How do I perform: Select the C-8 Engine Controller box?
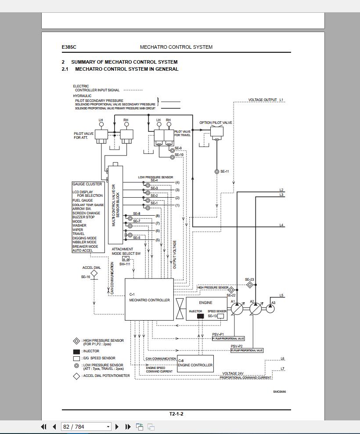(x=195, y=364)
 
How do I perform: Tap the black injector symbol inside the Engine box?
(x=200, y=316)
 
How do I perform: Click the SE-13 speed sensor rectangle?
(x=221, y=316)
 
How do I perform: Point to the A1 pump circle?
(x=237, y=308)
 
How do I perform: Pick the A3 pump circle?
(x=270, y=308)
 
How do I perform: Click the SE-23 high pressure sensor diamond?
(x=249, y=285)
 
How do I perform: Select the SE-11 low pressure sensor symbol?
(x=217, y=172)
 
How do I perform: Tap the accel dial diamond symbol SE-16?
(x=94, y=273)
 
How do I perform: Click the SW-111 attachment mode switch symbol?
(x=126, y=259)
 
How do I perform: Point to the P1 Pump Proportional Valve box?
(x=228, y=339)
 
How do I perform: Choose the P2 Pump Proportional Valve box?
(x=247, y=351)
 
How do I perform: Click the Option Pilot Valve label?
(x=216, y=123)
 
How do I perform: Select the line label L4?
(x=281, y=225)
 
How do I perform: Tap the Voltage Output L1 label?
(x=266, y=100)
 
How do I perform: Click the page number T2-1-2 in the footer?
(x=176, y=414)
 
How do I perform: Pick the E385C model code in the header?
(x=66, y=47)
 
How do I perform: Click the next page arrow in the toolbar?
(x=117, y=427)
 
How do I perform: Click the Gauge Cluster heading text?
(x=87, y=184)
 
